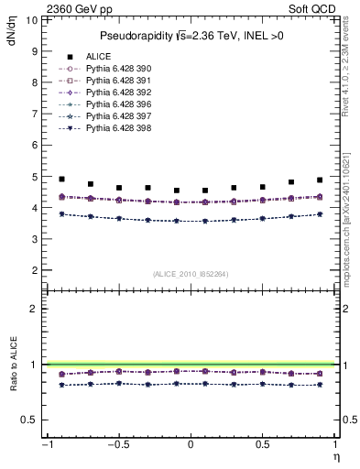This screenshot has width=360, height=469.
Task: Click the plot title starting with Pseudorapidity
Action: (191, 36)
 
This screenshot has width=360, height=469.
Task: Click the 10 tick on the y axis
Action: (33, 19)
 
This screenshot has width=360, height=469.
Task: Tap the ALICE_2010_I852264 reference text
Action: (190, 273)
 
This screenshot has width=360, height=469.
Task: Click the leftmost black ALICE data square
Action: (61, 180)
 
